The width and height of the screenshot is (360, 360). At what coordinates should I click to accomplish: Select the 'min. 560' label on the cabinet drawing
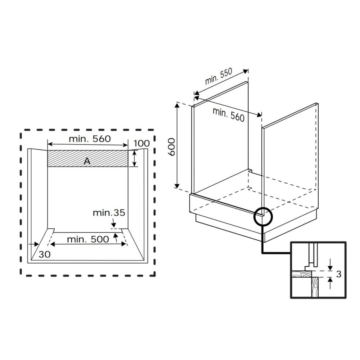pyautogui.click(x=228, y=114)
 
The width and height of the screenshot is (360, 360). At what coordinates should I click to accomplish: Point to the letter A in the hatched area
pyautogui.click(x=87, y=161)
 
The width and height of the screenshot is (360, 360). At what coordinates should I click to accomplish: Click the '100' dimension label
pyautogui.click(x=141, y=144)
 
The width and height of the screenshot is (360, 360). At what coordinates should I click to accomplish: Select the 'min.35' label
pyautogui.click(x=109, y=213)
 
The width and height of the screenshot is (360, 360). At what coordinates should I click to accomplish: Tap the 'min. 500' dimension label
pyautogui.click(x=88, y=239)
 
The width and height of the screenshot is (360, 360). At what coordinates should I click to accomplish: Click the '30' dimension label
pyautogui.click(x=45, y=254)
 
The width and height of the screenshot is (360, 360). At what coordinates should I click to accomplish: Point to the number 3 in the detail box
pyautogui.click(x=338, y=274)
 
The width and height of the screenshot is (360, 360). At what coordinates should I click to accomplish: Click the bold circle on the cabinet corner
pyautogui.click(x=264, y=216)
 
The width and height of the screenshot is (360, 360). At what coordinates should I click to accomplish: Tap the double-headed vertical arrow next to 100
pyautogui.click(x=135, y=158)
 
